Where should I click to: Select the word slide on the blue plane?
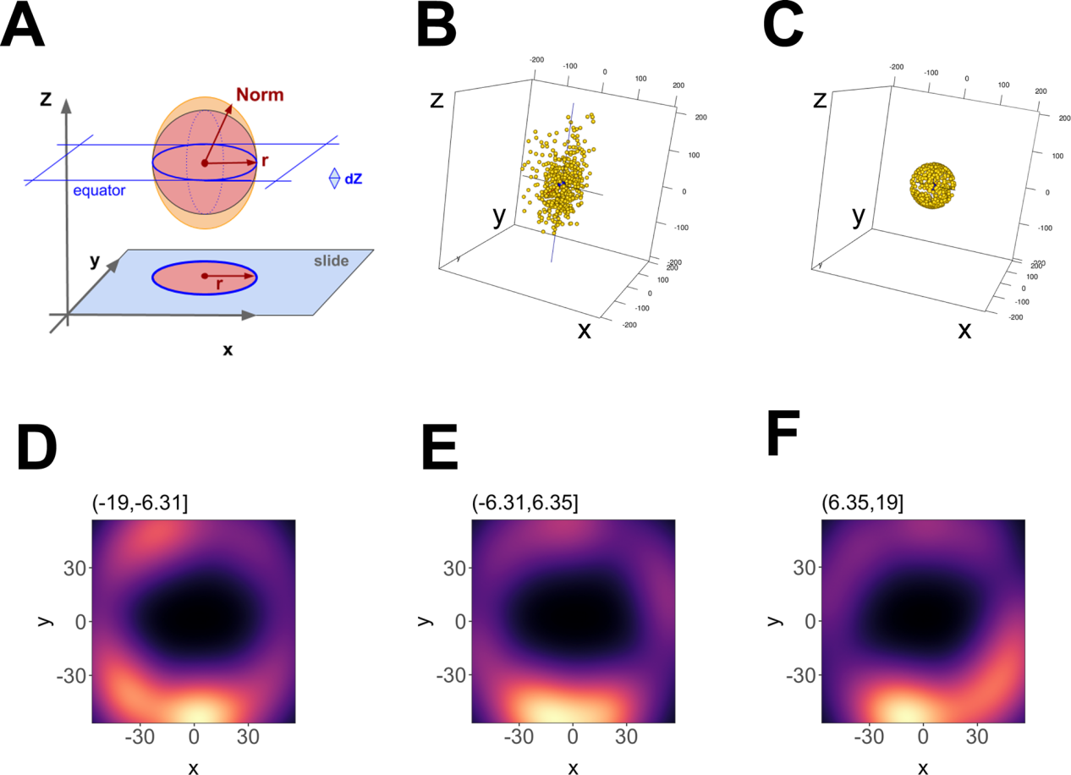tap(331, 261)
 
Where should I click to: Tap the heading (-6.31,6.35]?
tap(525, 504)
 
